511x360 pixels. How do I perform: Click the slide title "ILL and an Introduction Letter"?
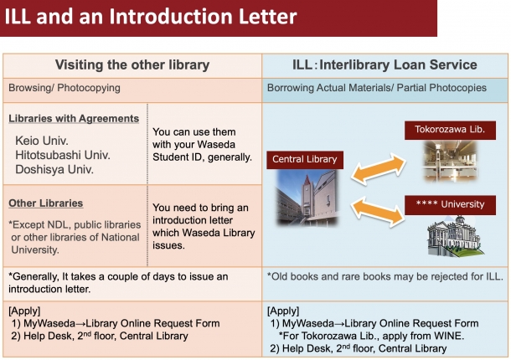(151, 16)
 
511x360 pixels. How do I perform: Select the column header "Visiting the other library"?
(132, 64)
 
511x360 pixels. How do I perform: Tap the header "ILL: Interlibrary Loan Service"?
(385, 64)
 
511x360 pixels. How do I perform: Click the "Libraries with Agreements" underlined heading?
(74, 119)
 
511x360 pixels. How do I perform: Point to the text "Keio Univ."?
(42, 141)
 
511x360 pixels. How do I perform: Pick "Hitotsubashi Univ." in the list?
(63, 155)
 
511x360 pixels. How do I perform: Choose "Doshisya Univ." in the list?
(54, 169)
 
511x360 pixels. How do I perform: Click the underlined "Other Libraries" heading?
(45, 203)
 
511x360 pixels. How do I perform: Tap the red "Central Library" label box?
(305, 160)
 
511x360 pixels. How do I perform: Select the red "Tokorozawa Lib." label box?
(450, 131)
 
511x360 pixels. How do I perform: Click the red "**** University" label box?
(450, 205)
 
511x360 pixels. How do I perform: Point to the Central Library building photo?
(307, 197)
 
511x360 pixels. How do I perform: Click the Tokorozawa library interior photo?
(451, 161)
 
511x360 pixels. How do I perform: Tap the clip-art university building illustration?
(455, 236)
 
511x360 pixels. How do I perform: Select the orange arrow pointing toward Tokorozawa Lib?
(379, 169)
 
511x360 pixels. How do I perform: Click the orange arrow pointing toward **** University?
(378, 212)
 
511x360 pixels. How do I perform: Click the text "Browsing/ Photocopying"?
(65, 88)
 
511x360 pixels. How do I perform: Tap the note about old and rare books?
(385, 276)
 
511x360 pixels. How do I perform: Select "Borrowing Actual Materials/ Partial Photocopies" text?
(377, 88)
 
